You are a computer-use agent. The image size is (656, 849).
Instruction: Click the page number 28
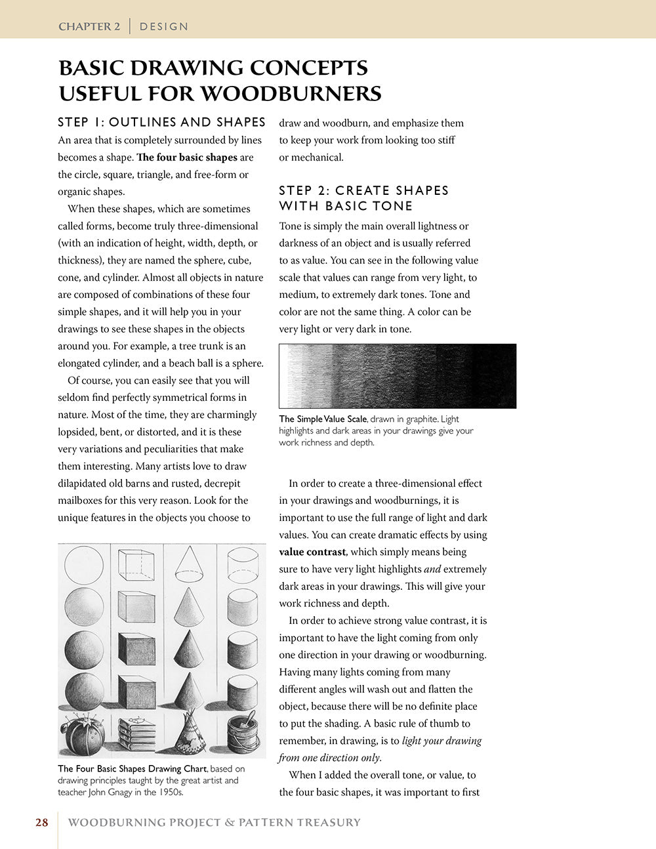coord(42,822)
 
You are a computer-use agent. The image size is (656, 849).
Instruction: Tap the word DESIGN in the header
coord(164,27)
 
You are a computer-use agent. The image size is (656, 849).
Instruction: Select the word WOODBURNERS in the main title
coord(291,93)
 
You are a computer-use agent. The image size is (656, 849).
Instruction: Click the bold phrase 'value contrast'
coord(312,552)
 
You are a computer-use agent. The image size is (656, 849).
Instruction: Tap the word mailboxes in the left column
coord(82,500)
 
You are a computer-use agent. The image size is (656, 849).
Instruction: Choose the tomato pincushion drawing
coord(83,732)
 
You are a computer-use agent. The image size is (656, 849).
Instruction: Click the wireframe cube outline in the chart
coord(136,564)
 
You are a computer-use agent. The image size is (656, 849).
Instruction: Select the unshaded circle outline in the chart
coord(84,564)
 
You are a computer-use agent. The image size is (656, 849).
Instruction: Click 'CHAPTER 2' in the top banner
coord(89,27)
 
